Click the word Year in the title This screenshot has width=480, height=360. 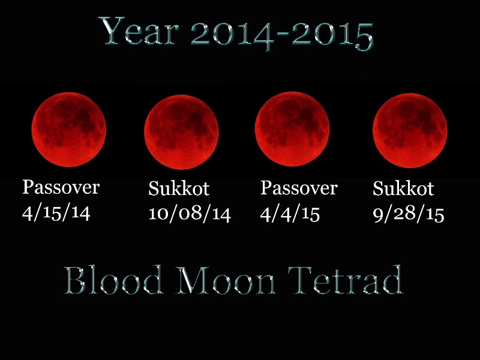139,31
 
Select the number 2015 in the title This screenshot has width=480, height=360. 332,36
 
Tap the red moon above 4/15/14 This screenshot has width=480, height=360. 69,130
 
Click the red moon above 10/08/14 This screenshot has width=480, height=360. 182,132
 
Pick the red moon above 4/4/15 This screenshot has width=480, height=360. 292,129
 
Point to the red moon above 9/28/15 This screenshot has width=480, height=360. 410,131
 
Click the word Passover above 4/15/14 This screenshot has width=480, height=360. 61,187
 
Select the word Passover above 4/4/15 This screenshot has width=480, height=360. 299,188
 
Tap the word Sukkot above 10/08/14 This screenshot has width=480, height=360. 179,188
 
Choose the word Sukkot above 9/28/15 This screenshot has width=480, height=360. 403,188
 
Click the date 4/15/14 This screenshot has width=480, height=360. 56,212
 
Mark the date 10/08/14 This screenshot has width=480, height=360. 190,214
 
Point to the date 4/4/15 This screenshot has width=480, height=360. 290,214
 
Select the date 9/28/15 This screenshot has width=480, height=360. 409,214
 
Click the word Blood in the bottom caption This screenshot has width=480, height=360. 113,280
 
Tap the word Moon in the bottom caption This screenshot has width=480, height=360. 227,280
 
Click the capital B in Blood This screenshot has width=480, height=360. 74,280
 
